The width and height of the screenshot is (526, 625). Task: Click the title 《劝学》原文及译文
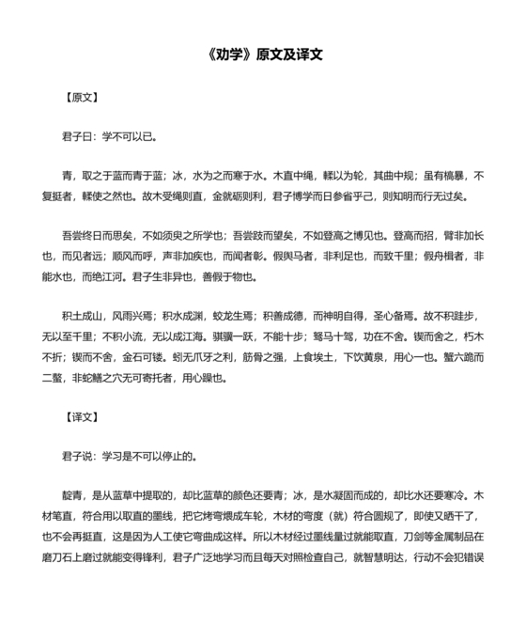(x=263, y=55)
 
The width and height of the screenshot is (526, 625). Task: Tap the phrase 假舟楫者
(x=436, y=258)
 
